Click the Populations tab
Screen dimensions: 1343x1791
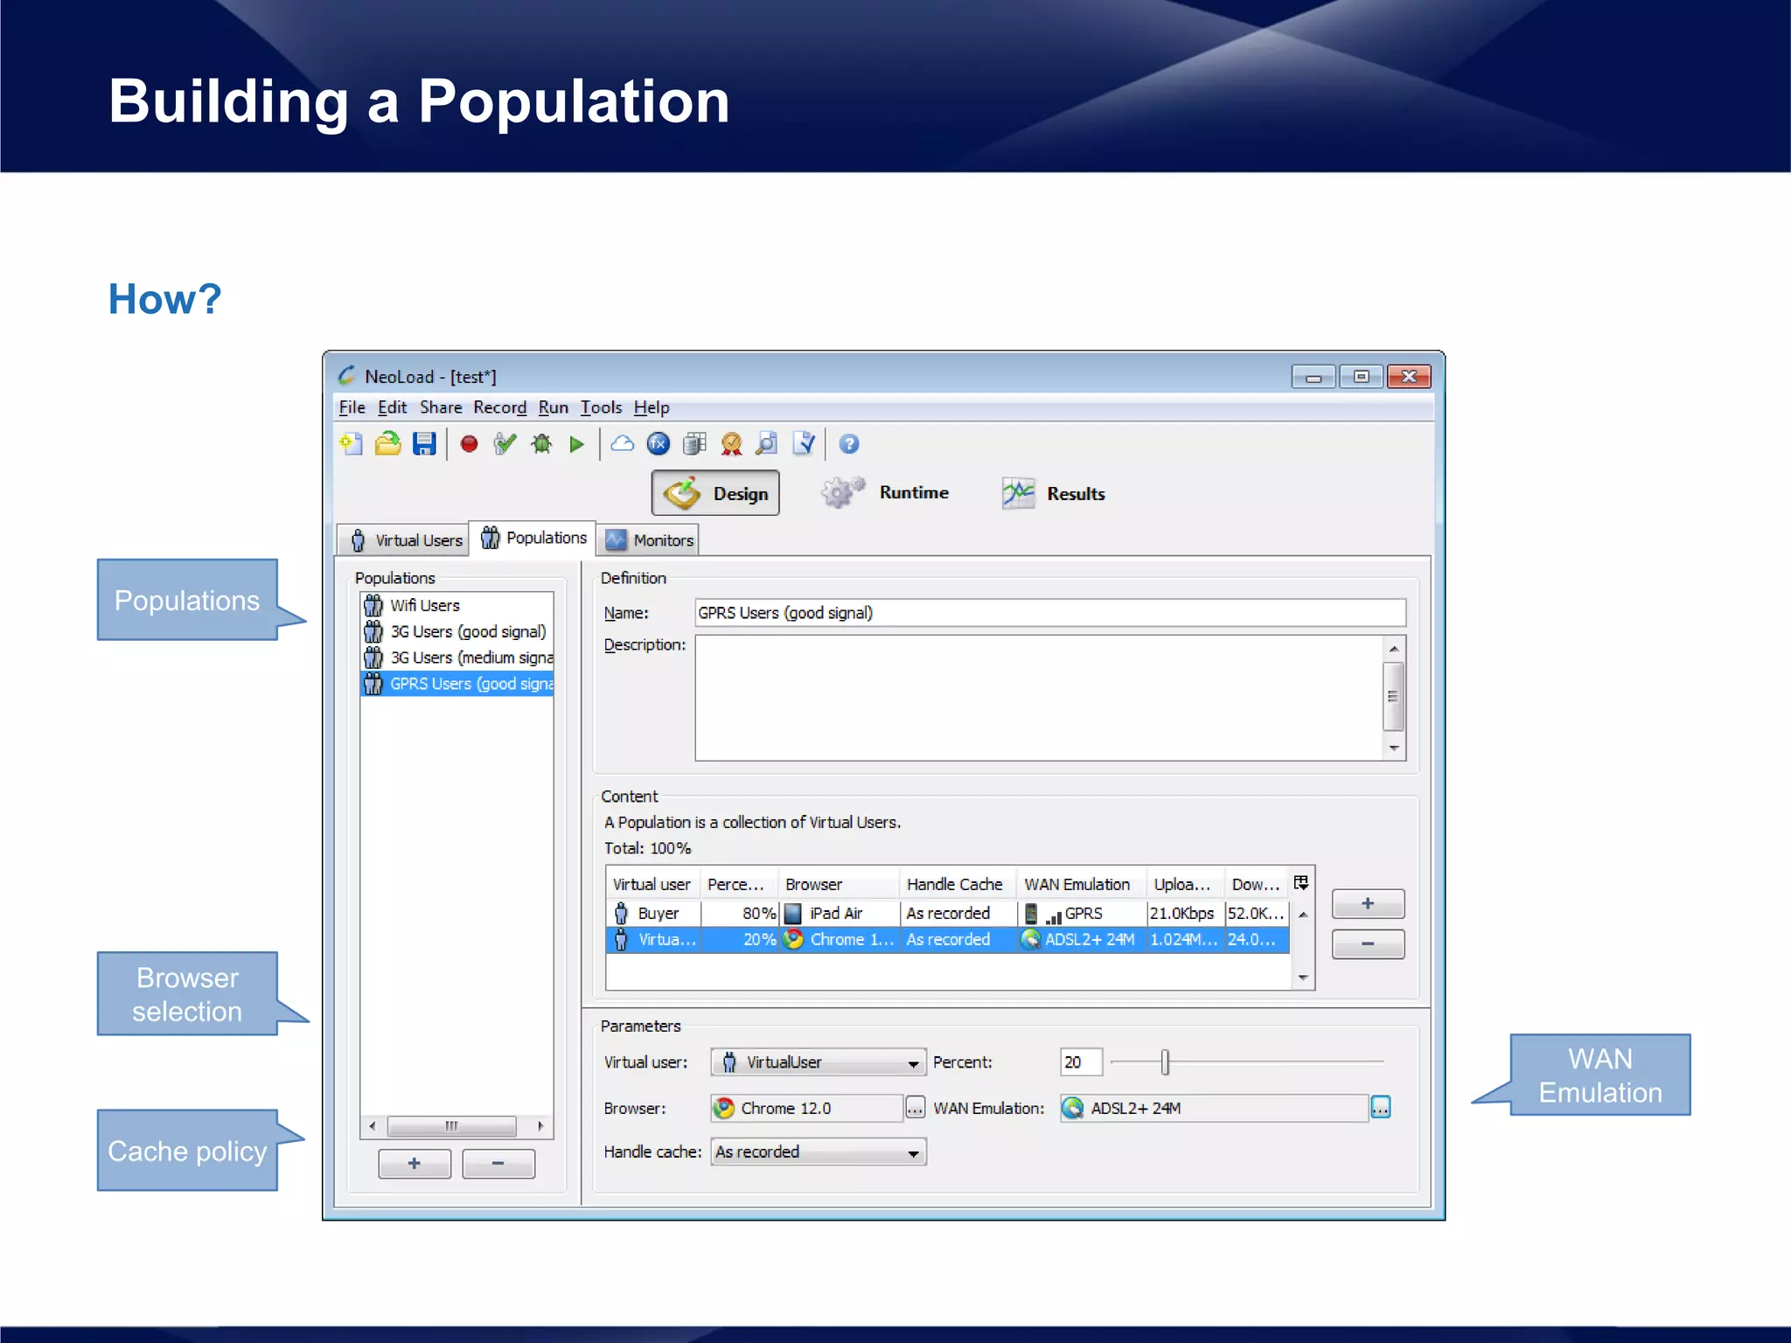[x=533, y=538]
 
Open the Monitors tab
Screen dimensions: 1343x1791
[x=650, y=540]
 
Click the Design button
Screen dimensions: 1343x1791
[x=715, y=493]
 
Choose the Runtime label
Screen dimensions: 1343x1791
[x=914, y=492]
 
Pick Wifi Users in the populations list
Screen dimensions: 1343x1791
[x=424, y=605]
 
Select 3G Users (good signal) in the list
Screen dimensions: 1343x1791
[x=467, y=631]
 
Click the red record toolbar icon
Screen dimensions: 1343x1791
[x=469, y=444]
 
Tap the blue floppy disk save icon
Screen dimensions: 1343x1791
[x=424, y=444]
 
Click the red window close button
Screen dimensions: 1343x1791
[x=1408, y=377]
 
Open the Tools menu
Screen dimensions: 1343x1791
[x=601, y=407]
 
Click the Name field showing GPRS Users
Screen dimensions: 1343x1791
[x=1049, y=613]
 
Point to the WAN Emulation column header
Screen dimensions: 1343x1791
[x=1077, y=884]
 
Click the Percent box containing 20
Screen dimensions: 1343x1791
[x=1079, y=1061]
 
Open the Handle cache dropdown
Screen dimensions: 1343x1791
[x=819, y=1152]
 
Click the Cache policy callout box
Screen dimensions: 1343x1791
[x=187, y=1151]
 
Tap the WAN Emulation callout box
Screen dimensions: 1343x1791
[x=1599, y=1075]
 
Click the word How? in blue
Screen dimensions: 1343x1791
[x=164, y=299]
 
